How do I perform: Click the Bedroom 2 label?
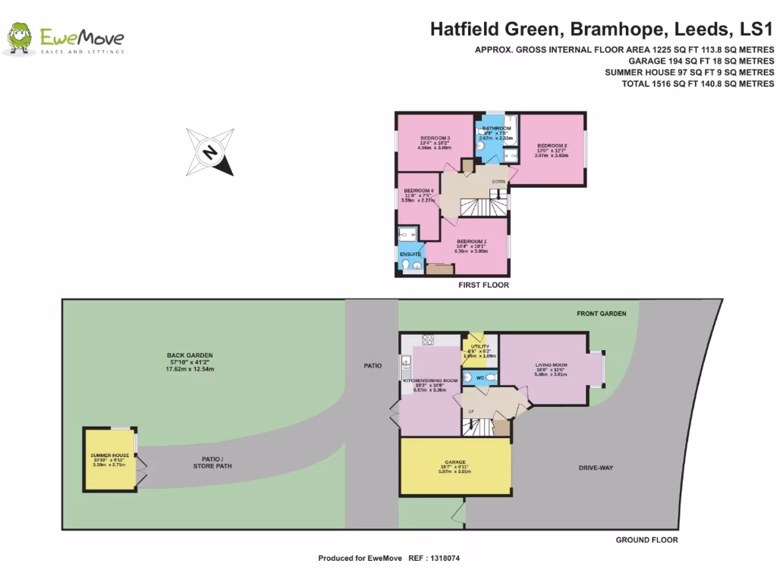click(552, 145)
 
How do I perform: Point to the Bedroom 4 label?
click(418, 190)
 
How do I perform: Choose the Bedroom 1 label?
click(471, 241)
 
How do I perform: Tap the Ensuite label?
click(411, 254)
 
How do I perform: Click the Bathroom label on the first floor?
click(496, 129)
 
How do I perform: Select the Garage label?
click(455, 462)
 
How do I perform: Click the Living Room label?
click(552, 365)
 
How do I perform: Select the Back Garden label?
click(190, 355)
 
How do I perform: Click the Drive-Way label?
click(595, 468)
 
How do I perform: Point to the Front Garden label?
click(601, 313)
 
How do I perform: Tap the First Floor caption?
click(483, 285)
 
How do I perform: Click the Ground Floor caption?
click(647, 540)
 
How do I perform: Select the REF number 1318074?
click(444, 558)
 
